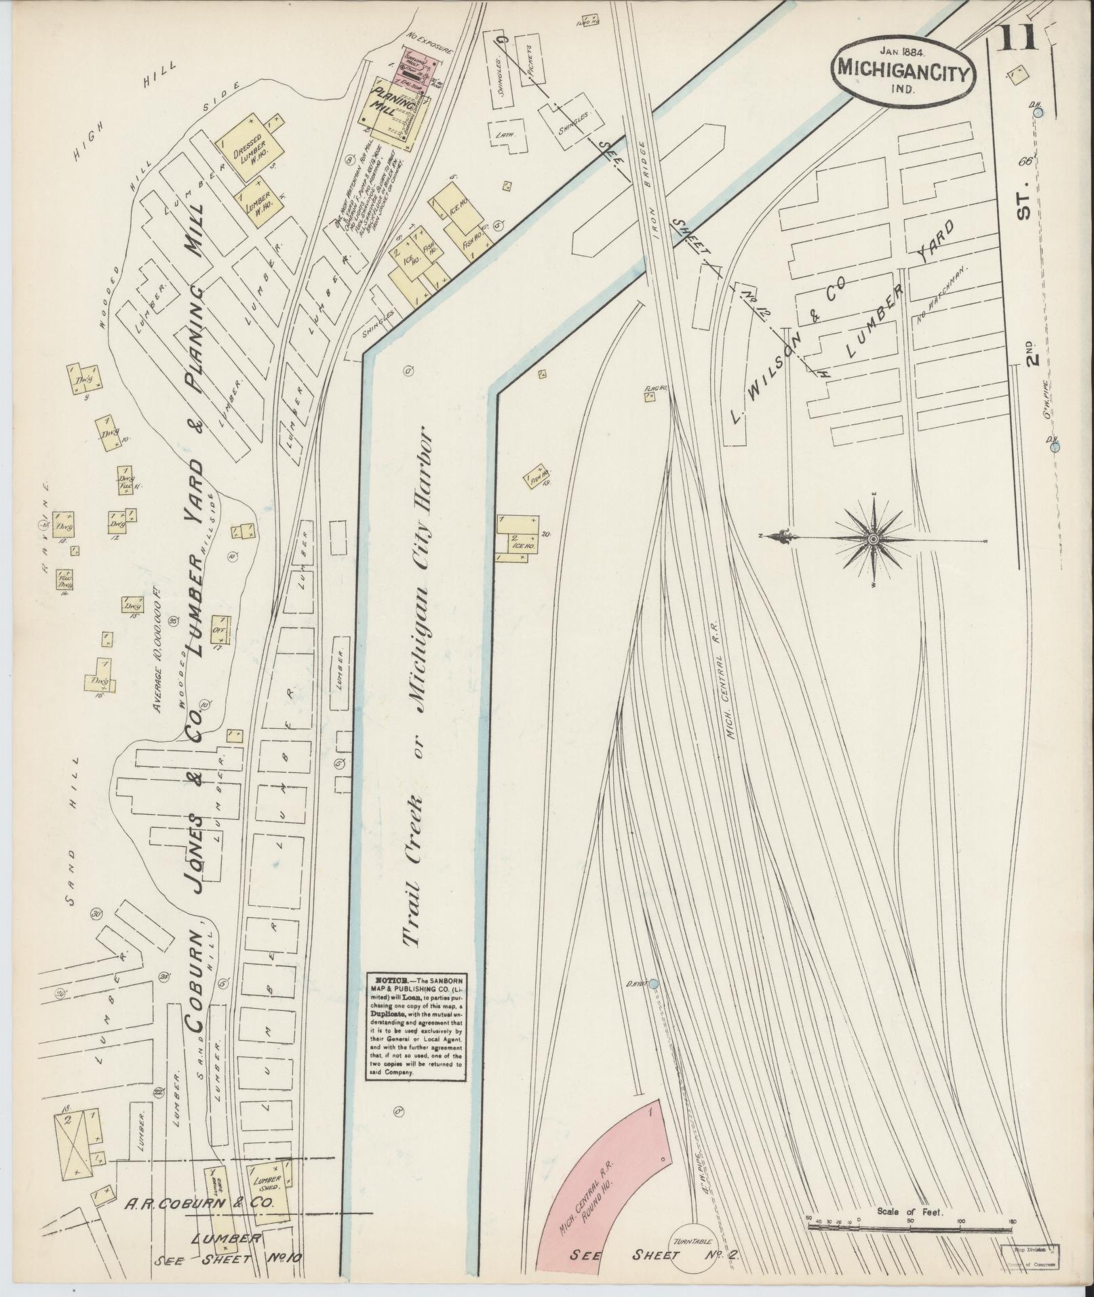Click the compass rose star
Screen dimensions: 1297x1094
874,538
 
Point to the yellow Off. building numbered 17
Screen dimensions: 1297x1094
220,630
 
